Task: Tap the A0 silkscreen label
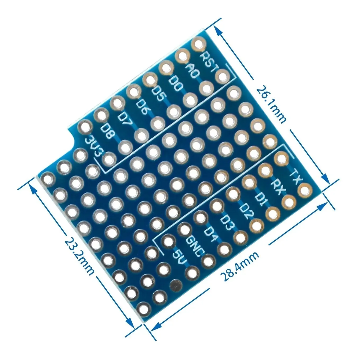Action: [x=192, y=71]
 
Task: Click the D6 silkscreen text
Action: [x=143, y=108]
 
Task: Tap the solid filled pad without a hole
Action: [x=175, y=285]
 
